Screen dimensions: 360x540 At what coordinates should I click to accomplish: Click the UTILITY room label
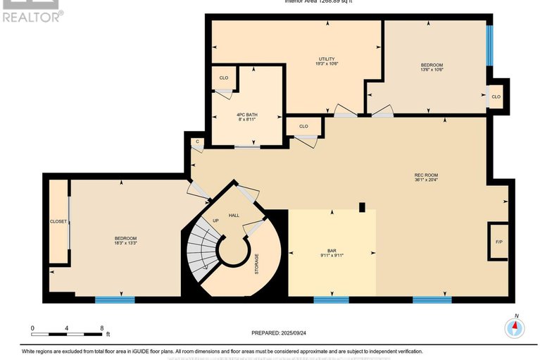point(326,58)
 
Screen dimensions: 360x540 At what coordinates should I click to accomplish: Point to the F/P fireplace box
point(498,243)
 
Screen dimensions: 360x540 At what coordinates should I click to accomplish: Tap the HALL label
point(234,215)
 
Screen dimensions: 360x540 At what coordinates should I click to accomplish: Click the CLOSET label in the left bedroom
point(58,221)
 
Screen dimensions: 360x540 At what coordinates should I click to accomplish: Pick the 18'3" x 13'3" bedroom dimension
point(125,243)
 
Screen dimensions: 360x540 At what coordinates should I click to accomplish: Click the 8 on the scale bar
point(102,328)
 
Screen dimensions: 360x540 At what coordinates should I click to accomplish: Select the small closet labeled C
point(198,142)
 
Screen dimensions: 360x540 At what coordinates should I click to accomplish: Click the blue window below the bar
point(331,299)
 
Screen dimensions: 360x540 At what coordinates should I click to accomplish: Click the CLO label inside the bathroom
point(223,77)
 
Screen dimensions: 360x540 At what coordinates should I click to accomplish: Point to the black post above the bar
point(362,207)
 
